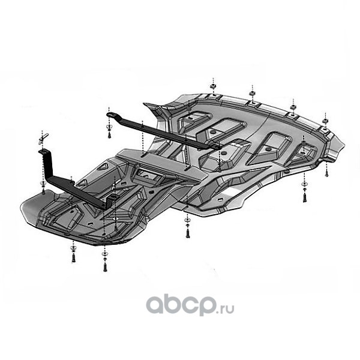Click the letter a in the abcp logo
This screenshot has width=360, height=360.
coord(155,306)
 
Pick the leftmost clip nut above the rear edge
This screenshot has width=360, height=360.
coord(213,88)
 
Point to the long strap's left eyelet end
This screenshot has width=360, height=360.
coord(110,113)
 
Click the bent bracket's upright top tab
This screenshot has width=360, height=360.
coord(44,153)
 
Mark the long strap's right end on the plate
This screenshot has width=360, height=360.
coord(213,146)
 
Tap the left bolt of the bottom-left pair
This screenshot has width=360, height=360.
coord(73,257)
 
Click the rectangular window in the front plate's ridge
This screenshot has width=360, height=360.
coord(144,175)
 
